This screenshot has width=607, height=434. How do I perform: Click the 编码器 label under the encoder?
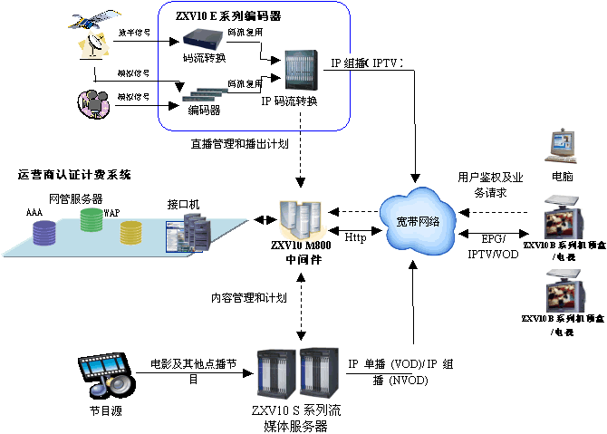[x=204, y=111]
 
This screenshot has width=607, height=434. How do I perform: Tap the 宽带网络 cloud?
[x=416, y=221]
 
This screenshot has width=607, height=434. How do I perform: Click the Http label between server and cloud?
[x=355, y=237]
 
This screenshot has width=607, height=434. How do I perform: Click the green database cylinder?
[x=93, y=221]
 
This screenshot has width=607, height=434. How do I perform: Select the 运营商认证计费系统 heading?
[x=74, y=174]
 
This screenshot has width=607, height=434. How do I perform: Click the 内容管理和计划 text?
[x=249, y=297]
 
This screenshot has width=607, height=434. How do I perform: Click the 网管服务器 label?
[x=75, y=198]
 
